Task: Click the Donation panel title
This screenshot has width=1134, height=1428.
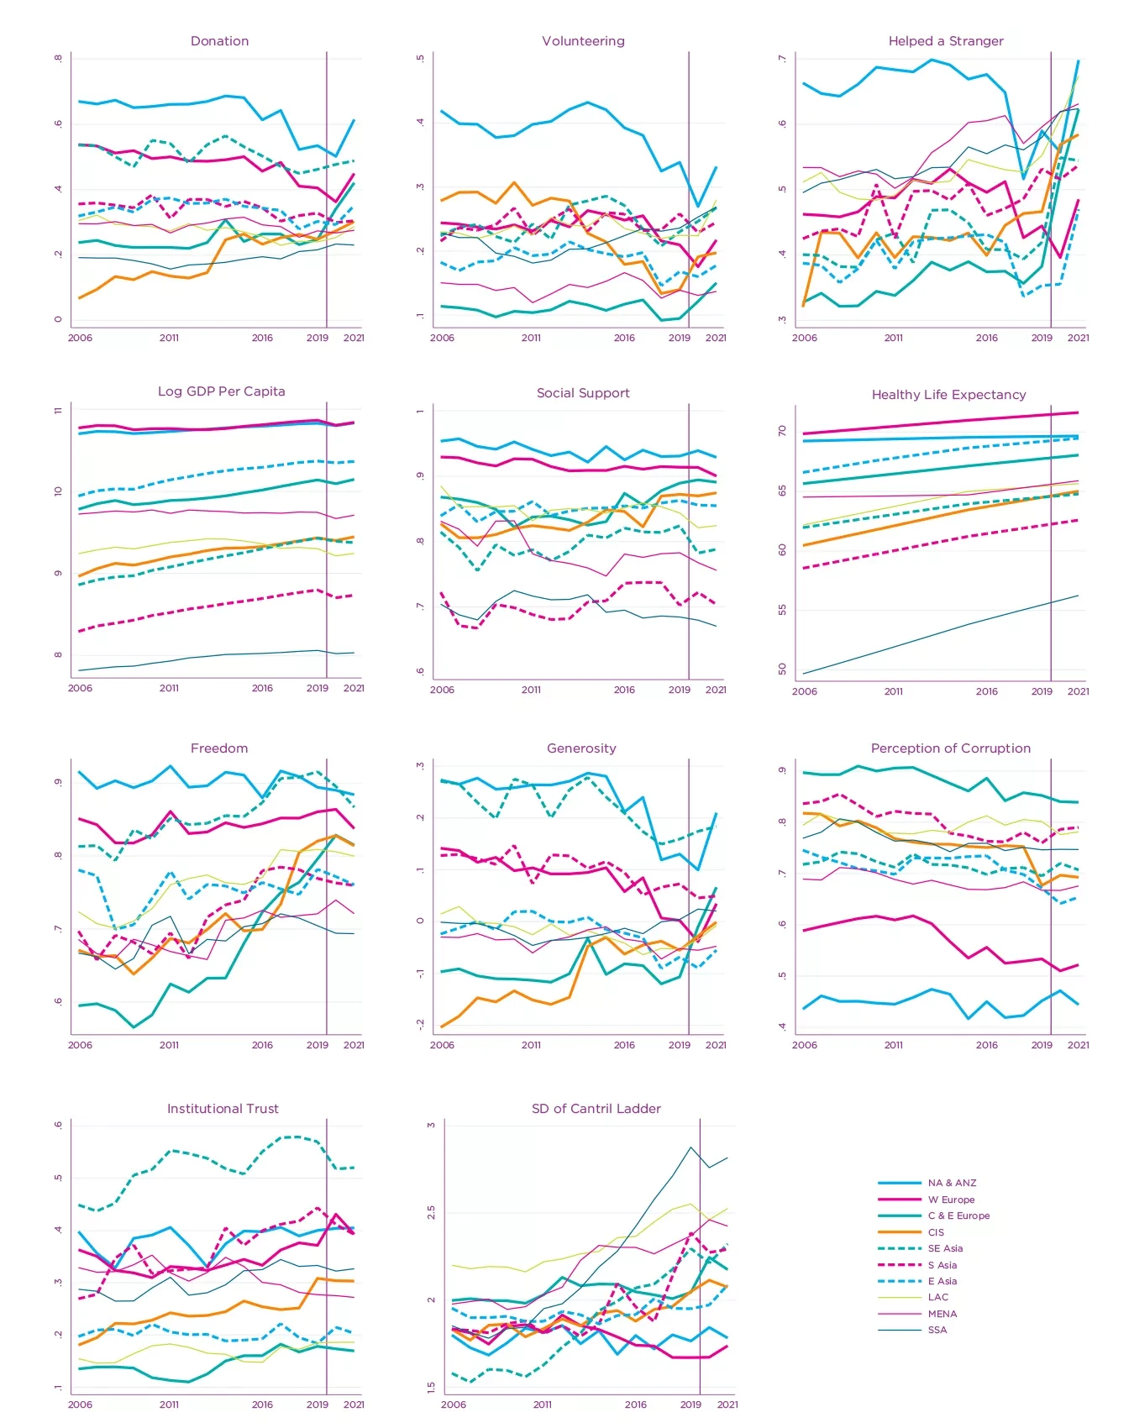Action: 219,41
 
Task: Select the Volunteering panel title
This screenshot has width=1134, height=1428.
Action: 583,41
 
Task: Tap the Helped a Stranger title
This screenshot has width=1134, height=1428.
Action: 946,41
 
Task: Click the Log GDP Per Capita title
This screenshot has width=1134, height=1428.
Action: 222,391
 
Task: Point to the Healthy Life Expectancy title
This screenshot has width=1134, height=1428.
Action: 948,395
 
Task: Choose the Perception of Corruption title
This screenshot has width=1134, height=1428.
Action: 950,748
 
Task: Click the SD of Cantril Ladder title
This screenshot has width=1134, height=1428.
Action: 596,1109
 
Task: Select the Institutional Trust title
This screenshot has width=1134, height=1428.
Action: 223,1109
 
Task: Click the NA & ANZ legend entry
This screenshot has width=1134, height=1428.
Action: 952,1183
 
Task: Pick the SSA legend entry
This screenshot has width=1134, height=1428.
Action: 937,1330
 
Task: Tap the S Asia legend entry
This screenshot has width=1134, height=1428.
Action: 942,1265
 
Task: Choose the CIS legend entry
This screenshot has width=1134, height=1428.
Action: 936,1232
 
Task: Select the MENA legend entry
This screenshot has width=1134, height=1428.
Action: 942,1314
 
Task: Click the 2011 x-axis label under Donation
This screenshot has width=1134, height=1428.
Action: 169,338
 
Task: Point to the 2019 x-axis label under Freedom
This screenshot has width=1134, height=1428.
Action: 317,1045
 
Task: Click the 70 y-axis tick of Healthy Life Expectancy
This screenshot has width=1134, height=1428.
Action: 782,431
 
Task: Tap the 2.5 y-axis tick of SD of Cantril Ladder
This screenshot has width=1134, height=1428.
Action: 431,1212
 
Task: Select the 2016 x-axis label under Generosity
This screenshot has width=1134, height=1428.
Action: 624,1045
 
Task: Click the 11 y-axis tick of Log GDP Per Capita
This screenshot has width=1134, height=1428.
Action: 58,411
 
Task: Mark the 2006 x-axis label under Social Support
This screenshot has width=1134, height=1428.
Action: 442,690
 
